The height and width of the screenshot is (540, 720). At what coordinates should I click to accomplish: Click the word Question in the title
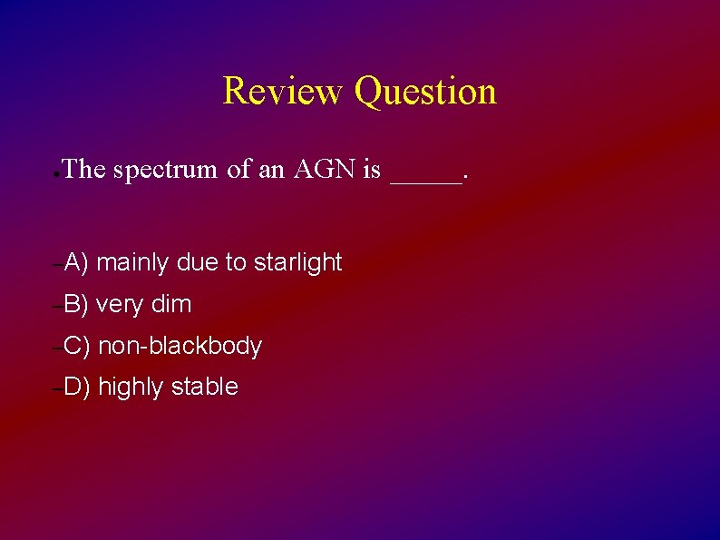(x=425, y=92)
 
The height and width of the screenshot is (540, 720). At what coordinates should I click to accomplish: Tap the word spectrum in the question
(x=166, y=170)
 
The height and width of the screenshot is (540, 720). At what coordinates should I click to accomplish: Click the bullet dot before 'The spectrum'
(x=56, y=172)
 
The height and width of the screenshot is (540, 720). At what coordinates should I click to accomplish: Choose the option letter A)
(x=76, y=263)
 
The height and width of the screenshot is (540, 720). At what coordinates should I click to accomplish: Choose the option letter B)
(x=76, y=305)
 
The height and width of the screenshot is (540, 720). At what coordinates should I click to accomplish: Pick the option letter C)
(x=77, y=347)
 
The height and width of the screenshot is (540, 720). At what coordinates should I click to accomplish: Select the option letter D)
(x=77, y=388)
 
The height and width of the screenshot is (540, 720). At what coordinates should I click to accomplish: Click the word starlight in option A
(x=297, y=263)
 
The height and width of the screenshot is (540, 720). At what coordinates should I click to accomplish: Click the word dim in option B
(x=171, y=305)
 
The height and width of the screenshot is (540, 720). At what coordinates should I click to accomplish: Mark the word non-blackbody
(x=180, y=347)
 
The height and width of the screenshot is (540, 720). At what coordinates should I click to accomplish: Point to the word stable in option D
(x=204, y=388)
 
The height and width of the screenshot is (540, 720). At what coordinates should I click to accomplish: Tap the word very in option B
(x=120, y=305)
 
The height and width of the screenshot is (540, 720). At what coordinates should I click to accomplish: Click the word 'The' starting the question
(x=85, y=169)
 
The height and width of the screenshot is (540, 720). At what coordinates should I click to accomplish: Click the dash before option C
(x=56, y=349)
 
